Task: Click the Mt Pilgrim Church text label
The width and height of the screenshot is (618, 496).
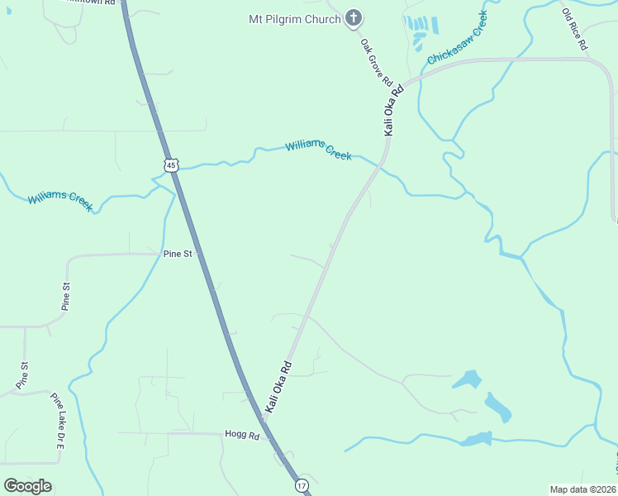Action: [294, 18]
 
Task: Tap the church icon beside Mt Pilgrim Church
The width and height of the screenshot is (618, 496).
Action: [354, 17]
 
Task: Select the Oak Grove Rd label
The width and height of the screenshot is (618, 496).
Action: [376, 62]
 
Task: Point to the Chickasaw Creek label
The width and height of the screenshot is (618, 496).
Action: [457, 38]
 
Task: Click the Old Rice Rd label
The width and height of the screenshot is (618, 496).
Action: [573, 29]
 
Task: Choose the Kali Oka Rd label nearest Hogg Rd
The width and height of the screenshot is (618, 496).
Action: [279, 387]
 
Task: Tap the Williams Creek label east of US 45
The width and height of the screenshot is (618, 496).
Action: [319, 150]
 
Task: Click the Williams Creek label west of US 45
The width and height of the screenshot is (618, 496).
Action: [60, 201]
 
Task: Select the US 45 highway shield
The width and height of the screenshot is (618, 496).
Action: [170, 165]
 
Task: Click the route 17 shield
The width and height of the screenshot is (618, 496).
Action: [302, 485]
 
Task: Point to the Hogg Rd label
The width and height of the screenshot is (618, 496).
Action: [242, 435]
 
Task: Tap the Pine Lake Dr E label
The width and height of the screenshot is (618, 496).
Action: [59, 421]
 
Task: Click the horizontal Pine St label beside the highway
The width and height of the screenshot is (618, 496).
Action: [177, 254]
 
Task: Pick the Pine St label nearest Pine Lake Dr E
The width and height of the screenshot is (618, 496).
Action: [23, 376]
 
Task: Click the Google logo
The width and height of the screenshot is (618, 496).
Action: [27, 485]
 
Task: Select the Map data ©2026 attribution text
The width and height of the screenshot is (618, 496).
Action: [582, 489]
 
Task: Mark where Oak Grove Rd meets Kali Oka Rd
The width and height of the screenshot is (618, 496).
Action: [400, 88]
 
